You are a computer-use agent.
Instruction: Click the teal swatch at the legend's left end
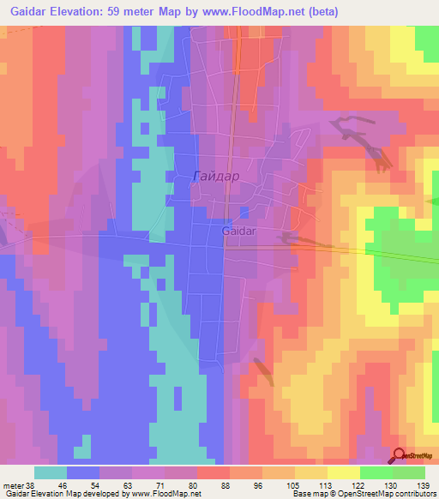pos(51,472)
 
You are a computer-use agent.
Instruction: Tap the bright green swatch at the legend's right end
pos(409,472)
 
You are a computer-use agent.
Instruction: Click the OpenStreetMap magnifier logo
pos(400,457)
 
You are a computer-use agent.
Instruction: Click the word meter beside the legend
pos(12,484)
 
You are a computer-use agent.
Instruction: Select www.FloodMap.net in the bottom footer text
pos(164,494)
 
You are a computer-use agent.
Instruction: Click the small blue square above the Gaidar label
pos(244,212)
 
